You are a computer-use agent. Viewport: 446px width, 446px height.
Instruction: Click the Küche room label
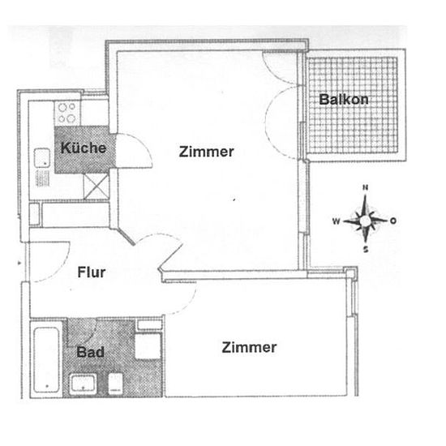click(84, 148)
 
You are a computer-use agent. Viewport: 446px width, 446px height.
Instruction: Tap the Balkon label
click(344, 100)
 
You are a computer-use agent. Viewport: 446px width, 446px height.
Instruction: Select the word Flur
click(92, 272)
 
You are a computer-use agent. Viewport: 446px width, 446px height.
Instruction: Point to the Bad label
click(91, 352)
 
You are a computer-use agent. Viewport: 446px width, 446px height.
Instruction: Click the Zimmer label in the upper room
click(207, 152)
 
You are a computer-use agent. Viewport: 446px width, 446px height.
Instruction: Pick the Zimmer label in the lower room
click(249, 347)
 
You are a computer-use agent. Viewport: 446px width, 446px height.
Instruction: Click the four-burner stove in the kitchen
click(67, 113)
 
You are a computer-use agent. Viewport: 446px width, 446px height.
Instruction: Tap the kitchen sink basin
click(42, 158)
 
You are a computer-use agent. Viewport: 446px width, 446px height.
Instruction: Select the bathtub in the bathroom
click(46, 359)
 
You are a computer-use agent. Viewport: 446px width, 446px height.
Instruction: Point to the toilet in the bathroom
click(115, 383)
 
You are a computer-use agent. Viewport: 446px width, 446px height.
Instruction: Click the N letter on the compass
click(366, 187)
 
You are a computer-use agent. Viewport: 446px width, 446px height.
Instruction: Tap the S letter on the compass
click(366, 250)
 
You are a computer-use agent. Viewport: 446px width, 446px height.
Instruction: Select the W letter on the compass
click(337, 221)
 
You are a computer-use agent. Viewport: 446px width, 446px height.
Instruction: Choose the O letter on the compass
click(393, 221)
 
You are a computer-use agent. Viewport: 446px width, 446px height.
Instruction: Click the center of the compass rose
click(365, 221)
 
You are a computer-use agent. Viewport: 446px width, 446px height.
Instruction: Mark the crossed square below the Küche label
click(96, 187)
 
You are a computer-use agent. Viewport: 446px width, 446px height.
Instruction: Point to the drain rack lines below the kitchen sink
click(43, 178)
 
